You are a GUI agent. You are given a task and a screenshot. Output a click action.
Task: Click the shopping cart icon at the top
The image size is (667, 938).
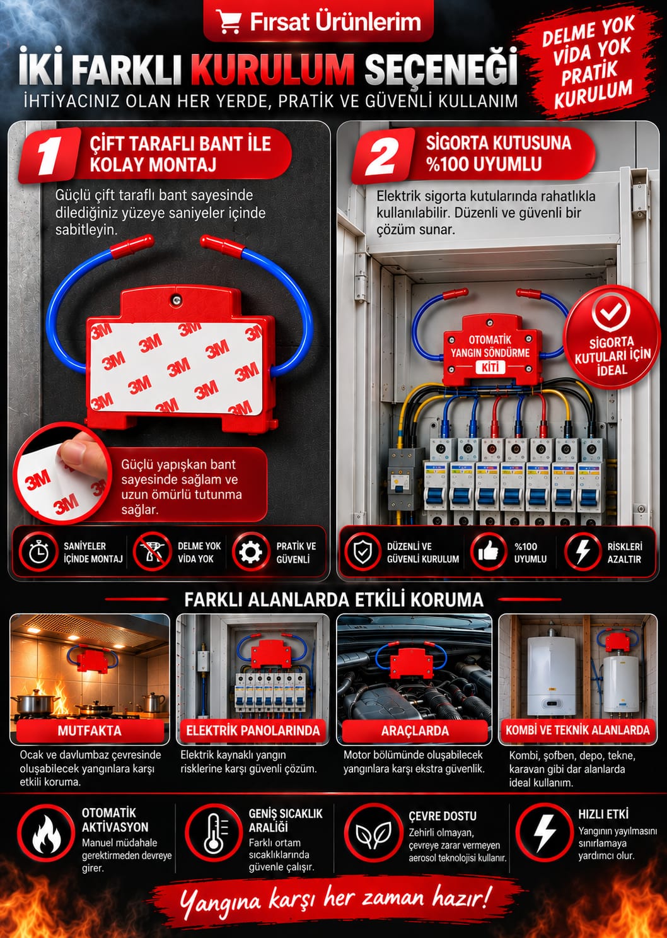pos(228,22)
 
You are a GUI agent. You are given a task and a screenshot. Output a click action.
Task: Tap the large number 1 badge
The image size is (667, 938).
pos(49,155)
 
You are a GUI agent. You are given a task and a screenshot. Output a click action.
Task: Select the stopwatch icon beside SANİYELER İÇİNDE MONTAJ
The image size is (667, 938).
pos(38,552)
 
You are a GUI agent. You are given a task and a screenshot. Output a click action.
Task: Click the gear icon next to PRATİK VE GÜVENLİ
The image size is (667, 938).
pos(250,552)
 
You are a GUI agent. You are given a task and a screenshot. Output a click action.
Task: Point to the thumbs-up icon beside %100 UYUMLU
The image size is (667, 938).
pos(489,552)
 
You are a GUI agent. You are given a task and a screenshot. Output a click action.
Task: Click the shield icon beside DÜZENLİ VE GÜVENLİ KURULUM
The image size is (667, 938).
pos(362,552)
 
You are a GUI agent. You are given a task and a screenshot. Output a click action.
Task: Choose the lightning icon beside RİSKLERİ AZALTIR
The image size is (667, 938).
pos(583,552)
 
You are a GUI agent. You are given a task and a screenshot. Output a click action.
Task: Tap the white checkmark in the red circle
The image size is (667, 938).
pos(610,312)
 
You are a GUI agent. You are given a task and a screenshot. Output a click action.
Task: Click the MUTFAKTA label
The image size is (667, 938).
pos(90,730)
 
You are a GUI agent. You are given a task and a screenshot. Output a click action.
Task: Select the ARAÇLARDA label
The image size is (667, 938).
pos(415,730)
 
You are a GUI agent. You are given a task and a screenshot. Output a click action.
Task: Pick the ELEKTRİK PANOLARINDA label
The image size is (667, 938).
pos(253,730)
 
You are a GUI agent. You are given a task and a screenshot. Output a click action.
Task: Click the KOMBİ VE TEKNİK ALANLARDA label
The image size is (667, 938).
pos(577,730)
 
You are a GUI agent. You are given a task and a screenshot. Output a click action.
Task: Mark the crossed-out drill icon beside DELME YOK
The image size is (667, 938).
pos(151,552)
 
